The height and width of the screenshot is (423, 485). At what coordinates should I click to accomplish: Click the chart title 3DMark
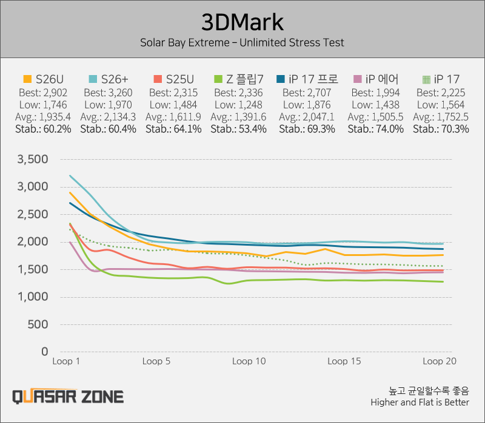tap(242, 22)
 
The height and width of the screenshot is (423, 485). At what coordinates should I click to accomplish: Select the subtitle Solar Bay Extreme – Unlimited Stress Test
tap(242, 43)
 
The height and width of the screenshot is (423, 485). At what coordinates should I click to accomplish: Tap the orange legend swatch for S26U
tap(27, 79)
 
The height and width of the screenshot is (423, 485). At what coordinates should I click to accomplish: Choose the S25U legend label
tap(179, 79)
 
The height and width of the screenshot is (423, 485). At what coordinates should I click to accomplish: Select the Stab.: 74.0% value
tap(378, 129)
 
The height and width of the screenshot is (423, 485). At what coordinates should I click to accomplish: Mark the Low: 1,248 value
tap(240, 105)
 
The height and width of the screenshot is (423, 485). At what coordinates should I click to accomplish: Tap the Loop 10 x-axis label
tap(250, 361)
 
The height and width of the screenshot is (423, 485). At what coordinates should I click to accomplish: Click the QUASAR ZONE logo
tap(68, 396)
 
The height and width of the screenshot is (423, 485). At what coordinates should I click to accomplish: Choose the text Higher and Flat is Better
tap(420, 402)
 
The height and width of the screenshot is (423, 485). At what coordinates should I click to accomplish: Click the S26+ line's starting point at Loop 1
tap(70, 176)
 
